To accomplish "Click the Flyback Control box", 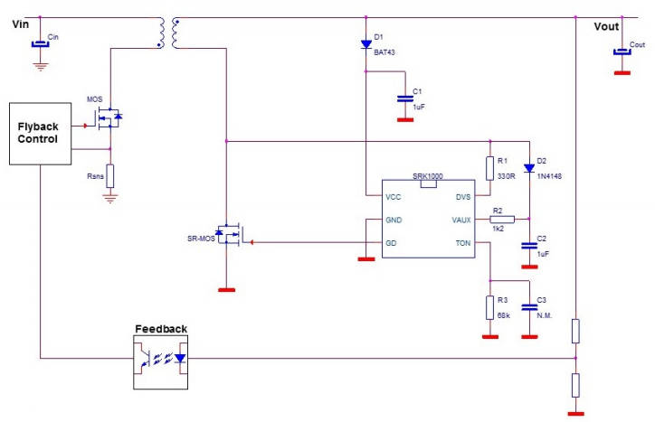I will (41, 133).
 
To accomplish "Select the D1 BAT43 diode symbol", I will (365, 42).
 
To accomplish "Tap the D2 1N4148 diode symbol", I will (528, 167).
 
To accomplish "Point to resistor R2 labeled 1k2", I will (502, 219).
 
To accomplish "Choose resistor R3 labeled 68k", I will (489, 304).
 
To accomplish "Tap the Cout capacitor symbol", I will (622, 51).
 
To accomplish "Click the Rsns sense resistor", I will (110, 174).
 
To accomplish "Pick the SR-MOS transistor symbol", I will (231, 236).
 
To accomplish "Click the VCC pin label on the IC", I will (393, 196).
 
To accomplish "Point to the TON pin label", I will (462, 242).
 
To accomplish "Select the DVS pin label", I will (462, 196).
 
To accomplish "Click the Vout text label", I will (606, 26).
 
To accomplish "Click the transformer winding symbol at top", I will (168, 33).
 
